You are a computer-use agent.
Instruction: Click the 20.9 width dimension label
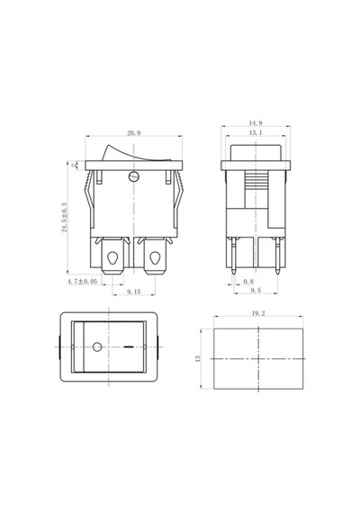[133, 133]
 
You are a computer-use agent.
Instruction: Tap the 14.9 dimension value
[256, 123]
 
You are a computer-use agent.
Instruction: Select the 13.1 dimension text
[256, 132]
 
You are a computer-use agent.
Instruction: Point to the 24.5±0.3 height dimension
[65, 218]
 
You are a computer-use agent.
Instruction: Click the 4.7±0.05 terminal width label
[82, 281]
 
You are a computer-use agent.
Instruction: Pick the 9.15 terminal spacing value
[133, 292]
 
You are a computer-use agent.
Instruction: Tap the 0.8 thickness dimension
[248, 281]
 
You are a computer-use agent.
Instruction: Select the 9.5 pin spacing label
[256, 290]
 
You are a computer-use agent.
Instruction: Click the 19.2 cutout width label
[258, 313]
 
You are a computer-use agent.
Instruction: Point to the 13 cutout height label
[197, 358]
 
